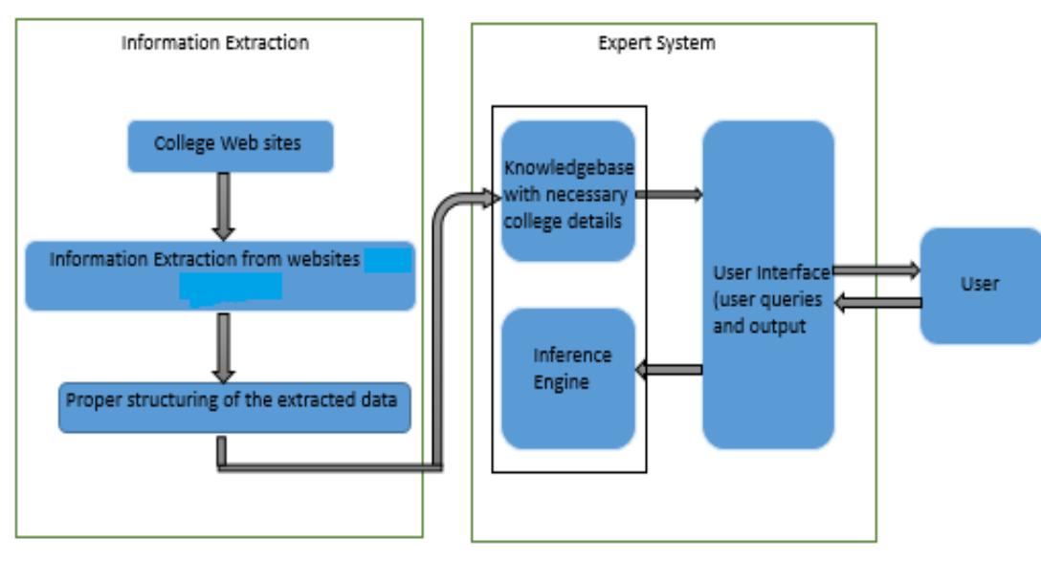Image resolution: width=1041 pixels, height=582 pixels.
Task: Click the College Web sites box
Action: point(231,146)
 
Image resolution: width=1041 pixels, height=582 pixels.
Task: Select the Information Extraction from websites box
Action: point(220,276)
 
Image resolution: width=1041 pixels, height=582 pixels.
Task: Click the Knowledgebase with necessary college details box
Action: point(567,191)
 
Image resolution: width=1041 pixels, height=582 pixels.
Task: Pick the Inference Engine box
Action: point(567,378)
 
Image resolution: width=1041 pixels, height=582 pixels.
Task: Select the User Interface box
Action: point(768,285)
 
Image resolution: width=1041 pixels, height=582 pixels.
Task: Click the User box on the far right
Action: point(980,285)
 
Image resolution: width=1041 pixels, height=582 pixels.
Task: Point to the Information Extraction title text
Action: point(215,43)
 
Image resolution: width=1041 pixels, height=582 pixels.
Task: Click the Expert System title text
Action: point(656,43)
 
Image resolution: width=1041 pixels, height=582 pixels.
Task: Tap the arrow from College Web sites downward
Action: point(222,205)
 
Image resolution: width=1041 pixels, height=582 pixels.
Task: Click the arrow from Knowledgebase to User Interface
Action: point(669,195)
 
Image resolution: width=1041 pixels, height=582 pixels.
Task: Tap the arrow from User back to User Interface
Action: point(875,303)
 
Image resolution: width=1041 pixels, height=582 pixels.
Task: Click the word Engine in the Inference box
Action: point(562,382)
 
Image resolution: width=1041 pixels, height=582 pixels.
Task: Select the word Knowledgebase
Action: point(568,168)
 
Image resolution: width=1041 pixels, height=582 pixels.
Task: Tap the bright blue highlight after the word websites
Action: point(388,260)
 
